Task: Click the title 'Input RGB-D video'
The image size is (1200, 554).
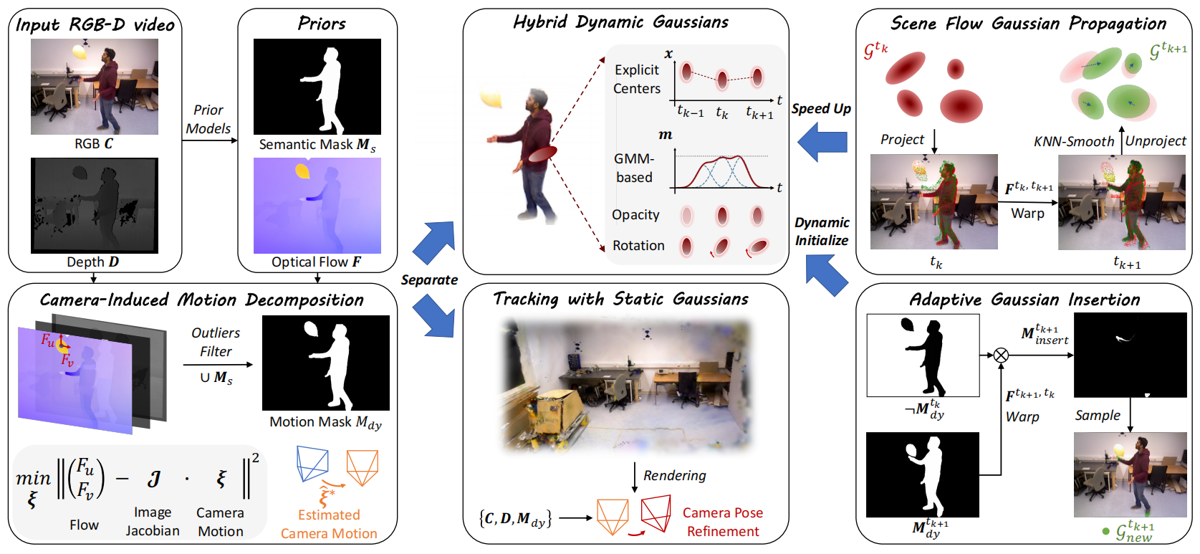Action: click(x=95, y=24)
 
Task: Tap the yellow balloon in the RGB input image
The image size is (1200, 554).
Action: click(x=80, y=52)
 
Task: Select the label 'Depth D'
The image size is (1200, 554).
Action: click(x=92, y=262)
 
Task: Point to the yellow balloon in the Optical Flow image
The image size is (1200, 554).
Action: click(x=302, y=171)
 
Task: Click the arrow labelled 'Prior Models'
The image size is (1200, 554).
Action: click(x=209, y=141)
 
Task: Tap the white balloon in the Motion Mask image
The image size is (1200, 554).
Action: click(x=311, y=329)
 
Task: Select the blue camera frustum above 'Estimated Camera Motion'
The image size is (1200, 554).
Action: click(x=312, y=463)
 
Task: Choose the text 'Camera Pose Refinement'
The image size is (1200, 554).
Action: click(x=723, y=522)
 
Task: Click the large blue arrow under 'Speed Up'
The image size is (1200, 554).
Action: click(x=822, y=142)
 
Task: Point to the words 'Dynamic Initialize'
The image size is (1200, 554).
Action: click(x=822, y=231)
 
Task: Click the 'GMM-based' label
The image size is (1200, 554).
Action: click(x=634, y=168)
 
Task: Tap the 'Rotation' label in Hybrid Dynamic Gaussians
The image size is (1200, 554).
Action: click(x=638, y=245)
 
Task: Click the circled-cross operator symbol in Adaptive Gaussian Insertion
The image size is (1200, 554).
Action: click(x=1001, y=355)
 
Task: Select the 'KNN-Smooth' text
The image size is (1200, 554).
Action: click(x=1074, y=141)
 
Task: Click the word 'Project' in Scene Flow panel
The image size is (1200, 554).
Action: click(x=902, y=140)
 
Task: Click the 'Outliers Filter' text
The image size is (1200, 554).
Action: click(x=216, y=342)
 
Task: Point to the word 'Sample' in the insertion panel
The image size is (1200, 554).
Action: click(x=1098, y=415)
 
